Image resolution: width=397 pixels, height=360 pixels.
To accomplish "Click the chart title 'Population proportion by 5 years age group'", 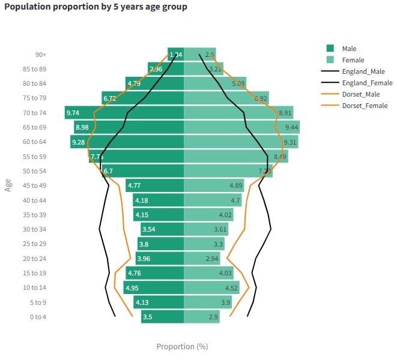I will pos(95,7).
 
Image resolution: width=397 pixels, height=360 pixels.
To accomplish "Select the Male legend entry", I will pos(350,49).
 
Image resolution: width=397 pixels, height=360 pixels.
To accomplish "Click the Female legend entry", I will pos(353,60).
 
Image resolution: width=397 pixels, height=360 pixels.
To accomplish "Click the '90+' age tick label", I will pos(40,55).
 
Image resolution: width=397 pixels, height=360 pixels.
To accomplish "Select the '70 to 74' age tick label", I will pos(34,113).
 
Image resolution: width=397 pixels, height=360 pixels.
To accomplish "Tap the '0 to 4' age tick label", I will pos(37,317).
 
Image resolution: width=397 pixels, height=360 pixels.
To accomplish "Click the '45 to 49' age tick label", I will pos(34,185).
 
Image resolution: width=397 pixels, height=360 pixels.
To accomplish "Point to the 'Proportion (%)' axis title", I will pos(182,346).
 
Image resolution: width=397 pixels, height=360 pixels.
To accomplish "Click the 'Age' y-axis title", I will pos(8,185).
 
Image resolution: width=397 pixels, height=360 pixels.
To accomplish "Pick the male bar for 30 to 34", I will pos(162,229).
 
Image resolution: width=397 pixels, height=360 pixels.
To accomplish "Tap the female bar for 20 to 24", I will pos(202,259).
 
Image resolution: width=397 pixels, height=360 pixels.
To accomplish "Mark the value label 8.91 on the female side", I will pos(285,113).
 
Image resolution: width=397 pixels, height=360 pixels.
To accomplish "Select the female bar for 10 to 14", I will pos(211,288).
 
